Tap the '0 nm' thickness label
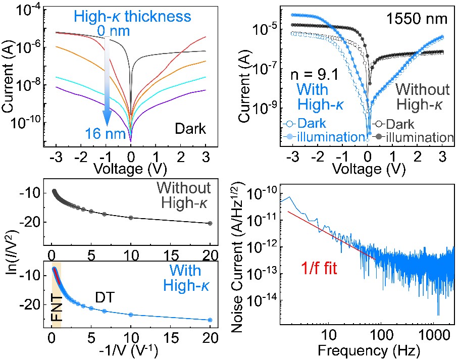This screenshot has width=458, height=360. (x=115, y=32)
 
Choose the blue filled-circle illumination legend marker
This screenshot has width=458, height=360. (x=290, y=137)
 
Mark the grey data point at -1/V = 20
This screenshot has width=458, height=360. (x=210, y=223)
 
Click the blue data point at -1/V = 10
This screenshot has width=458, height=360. (x=131, y=315)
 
